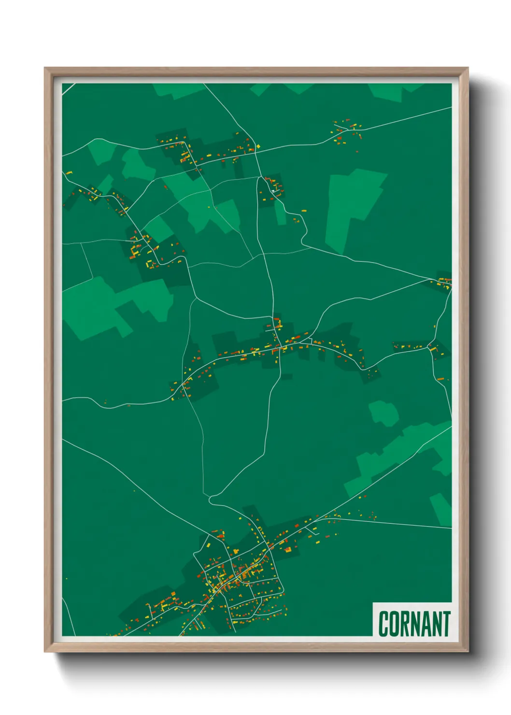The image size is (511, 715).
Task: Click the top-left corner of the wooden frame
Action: click(x=45, y=68)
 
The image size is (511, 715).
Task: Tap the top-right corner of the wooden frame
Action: click(x=468, y=68)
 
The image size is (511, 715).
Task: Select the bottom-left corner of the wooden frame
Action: click(x=45, y=651)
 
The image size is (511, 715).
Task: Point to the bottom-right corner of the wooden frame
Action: click(x=468, y=651)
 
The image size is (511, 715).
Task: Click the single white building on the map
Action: click(x=273, y=191)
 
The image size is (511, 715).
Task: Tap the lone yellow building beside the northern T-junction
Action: click(x=258, y=145)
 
